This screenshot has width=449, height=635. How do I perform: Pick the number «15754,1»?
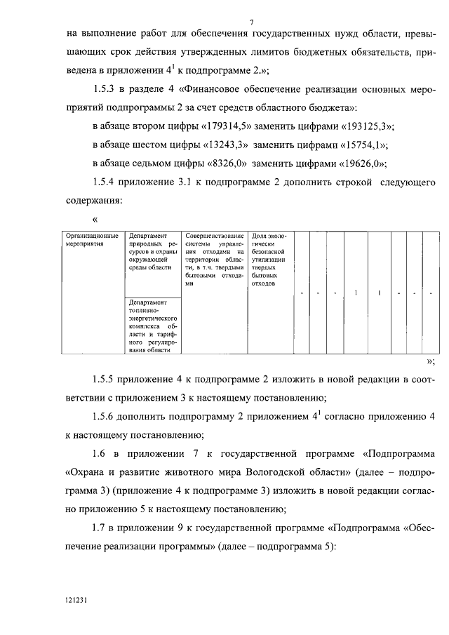coord(357,145)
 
